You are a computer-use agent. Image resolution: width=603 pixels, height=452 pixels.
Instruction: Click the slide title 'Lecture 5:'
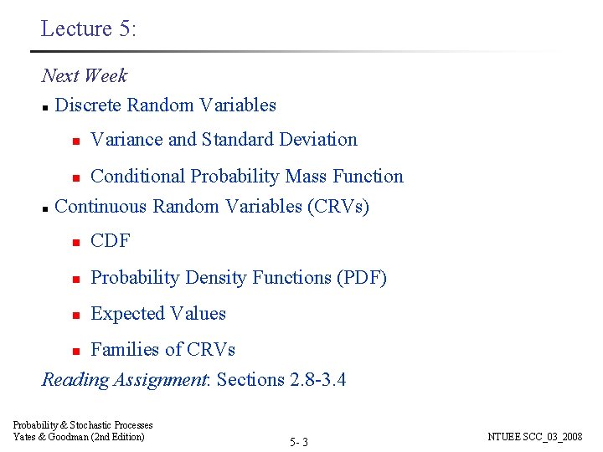click(88, 28)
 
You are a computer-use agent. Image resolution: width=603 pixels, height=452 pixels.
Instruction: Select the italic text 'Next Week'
click(85, 75)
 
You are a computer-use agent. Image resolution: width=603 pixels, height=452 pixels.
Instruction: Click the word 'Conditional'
click(138, 177)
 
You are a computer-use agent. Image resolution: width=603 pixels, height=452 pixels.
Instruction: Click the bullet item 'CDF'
click(111, 241)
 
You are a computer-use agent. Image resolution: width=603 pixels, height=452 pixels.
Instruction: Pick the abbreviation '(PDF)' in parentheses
click(361, 278)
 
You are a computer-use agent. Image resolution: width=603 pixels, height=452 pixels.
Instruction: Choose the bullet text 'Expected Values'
click(158, 314)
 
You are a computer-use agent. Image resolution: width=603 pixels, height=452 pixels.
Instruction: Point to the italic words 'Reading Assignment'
click(125, 380)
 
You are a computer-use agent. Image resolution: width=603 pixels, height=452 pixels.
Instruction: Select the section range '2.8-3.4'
click(317, 380)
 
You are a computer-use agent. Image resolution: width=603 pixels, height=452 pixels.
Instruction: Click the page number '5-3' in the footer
click(299, 441)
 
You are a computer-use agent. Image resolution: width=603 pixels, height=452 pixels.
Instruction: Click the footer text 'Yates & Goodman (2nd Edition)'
click(79, 436)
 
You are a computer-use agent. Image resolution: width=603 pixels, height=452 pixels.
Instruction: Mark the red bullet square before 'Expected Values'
click(75, 315)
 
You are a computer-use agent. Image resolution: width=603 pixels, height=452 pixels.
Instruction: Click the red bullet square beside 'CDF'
click(75, 242)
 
